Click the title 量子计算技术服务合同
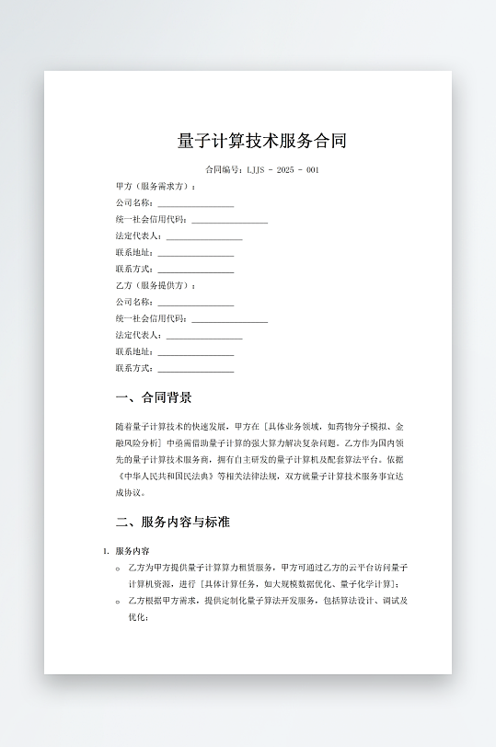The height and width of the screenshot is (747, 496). click(262, 141)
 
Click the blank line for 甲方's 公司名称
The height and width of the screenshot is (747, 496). click(195, 203)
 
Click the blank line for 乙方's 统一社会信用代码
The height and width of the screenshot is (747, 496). click(229, 319)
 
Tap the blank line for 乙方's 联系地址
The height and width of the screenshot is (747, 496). click(195, 352)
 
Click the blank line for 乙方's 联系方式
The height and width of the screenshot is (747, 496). click(195, 369)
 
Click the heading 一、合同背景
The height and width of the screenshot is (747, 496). click(154, 398)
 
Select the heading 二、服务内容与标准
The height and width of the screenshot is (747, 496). click(172, 523)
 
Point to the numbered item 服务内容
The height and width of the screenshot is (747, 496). click(139, 551)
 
